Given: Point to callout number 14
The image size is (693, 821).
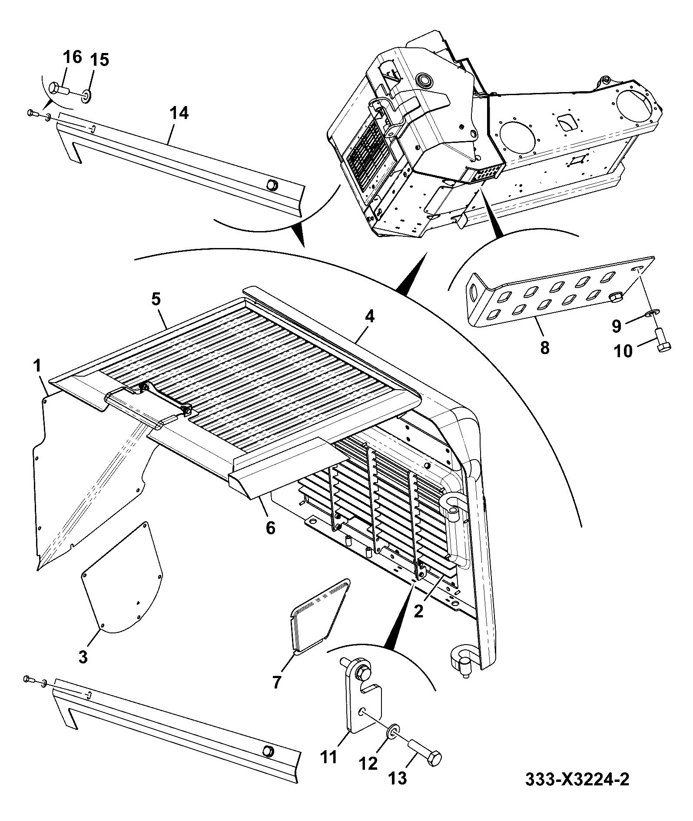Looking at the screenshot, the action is click(x=179, y=113).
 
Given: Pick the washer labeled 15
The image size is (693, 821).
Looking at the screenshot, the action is click(x=86, y=95).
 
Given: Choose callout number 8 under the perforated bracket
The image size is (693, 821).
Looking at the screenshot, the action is click(x=544, y=347).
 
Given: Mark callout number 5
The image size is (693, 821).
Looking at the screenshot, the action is click(x=156, y=299).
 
